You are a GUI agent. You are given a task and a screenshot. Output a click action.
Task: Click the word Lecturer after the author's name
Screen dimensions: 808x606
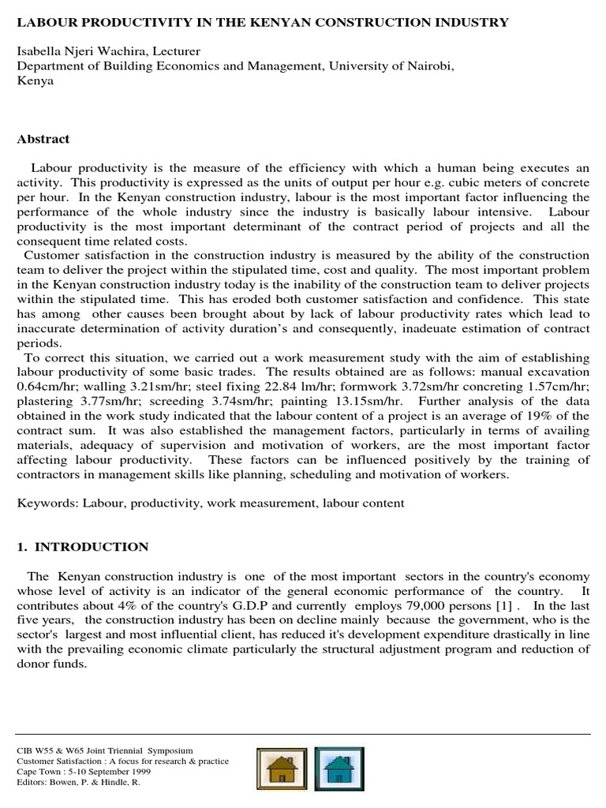point(178,51)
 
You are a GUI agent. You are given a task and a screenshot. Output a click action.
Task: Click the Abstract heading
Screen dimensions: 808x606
point(43,139)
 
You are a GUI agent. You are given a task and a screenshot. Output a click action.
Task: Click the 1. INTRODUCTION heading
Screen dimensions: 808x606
point(82,547)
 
